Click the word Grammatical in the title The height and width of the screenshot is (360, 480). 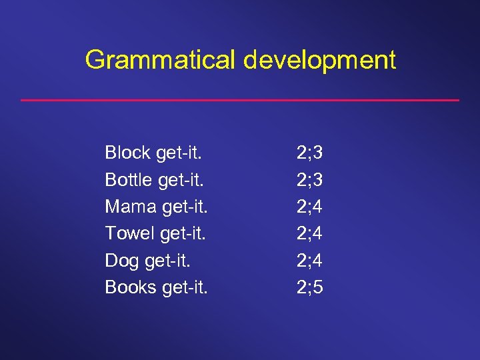pos(161,60)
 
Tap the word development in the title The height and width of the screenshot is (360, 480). pos(319,60)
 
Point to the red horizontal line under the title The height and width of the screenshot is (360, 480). pos(240,100)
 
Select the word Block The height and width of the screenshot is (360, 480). pos(127,153)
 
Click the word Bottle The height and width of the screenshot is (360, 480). pos(128,179)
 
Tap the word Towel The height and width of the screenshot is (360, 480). pos(130,233)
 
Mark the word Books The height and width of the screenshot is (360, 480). pos(129,287)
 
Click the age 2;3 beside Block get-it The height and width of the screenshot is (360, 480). pos(310,153)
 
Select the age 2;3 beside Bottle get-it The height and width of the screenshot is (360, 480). pos(310,179)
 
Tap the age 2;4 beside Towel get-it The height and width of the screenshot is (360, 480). pos(310,233)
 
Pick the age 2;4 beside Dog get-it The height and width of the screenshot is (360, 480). pos(310,260)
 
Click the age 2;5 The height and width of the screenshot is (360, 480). pos(310,287)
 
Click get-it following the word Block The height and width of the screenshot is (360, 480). pos(179,153)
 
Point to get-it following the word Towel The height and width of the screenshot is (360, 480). pos(184,233)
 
